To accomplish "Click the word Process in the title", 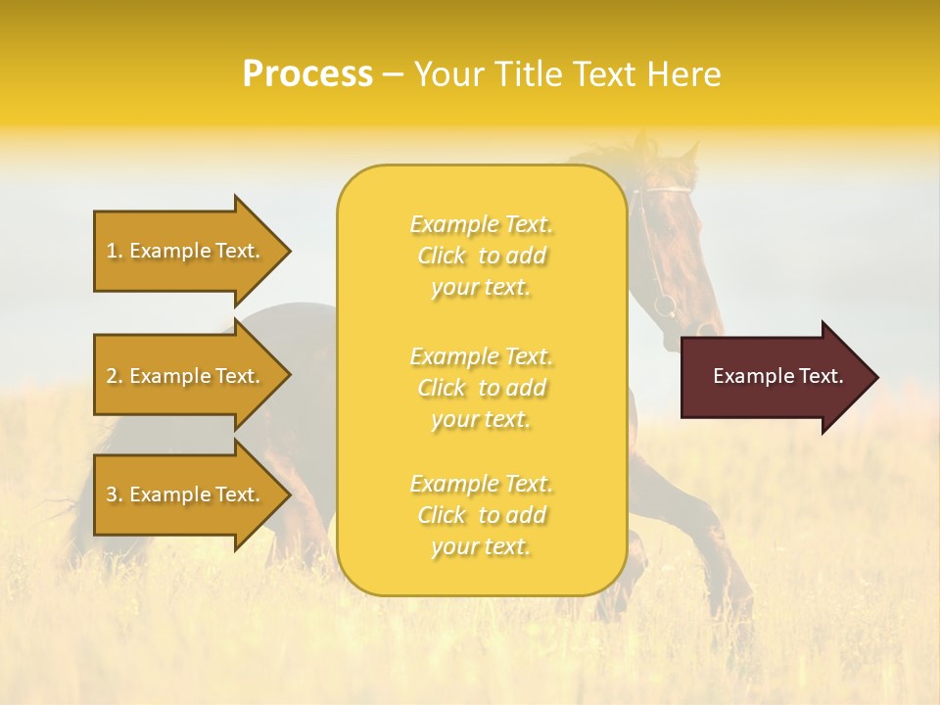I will tap(307, 74).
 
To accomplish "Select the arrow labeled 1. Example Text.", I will tap(186, 251).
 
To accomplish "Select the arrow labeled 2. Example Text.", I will tap(186, 376).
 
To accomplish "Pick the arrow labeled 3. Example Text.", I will tap(186, 494).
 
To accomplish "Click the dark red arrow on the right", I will tap(774, 377).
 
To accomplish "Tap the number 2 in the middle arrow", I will tap(112, 376).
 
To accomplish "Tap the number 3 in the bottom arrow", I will tap(112, 494).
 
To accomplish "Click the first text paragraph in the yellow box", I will tap(481, 256).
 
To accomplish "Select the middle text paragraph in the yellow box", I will tap(481, 388).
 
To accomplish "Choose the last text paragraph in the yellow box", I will tap(481, 515).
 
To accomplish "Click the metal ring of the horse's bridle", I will tap(665, 305).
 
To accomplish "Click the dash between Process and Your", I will tap(393, 74).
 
